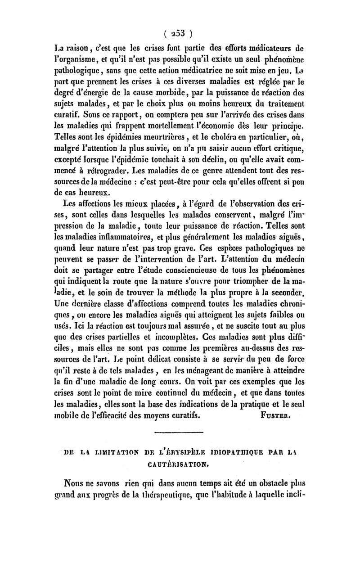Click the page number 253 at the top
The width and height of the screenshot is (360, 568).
[180, 32]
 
